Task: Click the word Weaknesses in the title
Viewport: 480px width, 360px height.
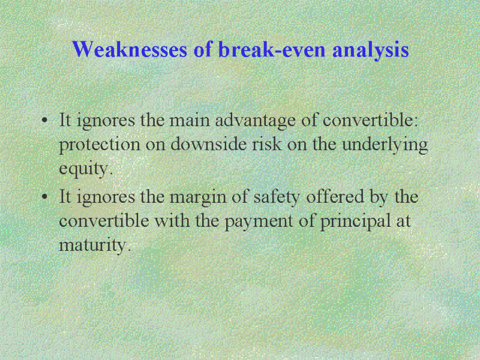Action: click(x=130, y=49)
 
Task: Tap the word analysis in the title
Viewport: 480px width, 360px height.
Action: click(x=370, y=50)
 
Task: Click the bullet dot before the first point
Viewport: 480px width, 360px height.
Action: click(x=44, y=119)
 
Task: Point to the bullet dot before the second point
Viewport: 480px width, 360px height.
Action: click(x=44, y=196)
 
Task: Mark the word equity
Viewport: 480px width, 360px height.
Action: click(x=84, y=170)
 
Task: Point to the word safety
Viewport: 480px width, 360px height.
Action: click(x=277, y=198)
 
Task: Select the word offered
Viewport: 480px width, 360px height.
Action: click(x=335, y=196)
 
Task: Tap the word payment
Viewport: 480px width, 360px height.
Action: click(x=259, y=222)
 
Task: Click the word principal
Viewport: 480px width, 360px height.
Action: click(x=356, y=222)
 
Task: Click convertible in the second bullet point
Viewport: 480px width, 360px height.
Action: click(x=104, y=220)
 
